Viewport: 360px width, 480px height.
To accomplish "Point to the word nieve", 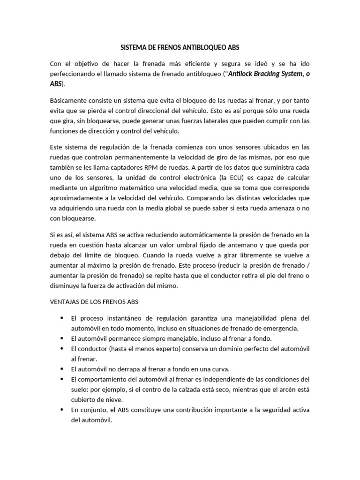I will tap(113, 399).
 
